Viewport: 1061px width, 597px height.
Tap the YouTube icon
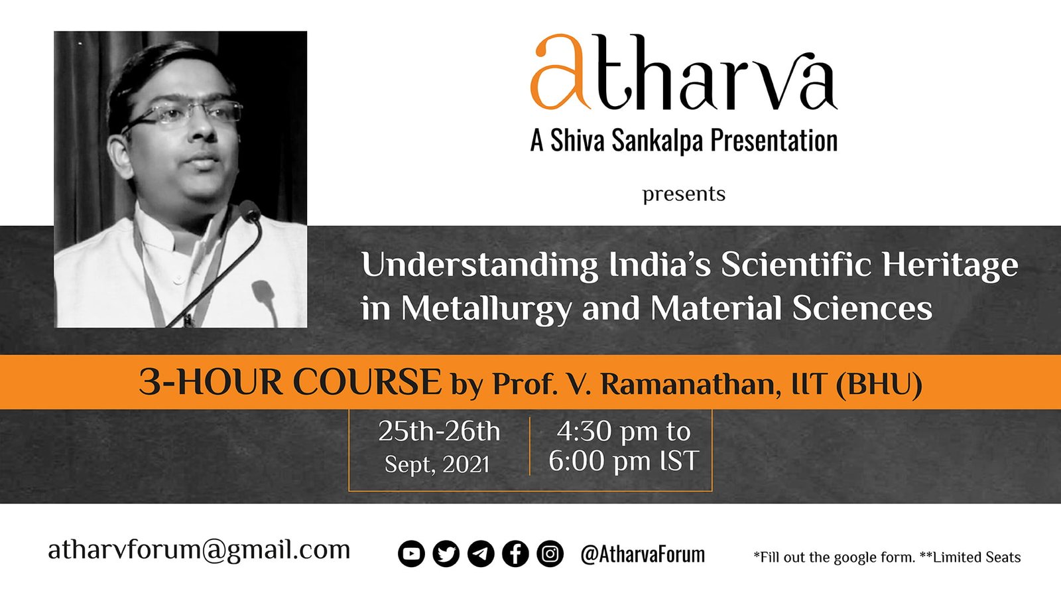(411, 553)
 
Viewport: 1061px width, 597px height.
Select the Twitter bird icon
(446, 553)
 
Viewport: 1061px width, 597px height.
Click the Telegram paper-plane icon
(481, 553)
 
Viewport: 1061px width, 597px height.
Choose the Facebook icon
(515, 553)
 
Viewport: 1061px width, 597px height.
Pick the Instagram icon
(550, 553)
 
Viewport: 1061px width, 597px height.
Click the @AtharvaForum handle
(643, 555)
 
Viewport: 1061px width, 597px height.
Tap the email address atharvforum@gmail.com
(199, 551)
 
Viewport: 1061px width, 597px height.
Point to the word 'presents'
(684, 194)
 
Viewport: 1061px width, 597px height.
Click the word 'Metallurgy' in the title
(487, 309)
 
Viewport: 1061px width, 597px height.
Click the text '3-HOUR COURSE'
(290, 382)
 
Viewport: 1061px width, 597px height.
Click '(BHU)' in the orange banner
(879, 384)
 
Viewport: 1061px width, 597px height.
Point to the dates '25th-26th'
(439, 432)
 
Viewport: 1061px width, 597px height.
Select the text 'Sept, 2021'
(437, 464)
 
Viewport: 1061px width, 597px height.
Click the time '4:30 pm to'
(624, 432)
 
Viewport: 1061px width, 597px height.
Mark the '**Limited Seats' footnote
(970, 557)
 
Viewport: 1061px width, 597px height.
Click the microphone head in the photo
(249, 211)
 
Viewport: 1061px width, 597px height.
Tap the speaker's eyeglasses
(187, 113)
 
